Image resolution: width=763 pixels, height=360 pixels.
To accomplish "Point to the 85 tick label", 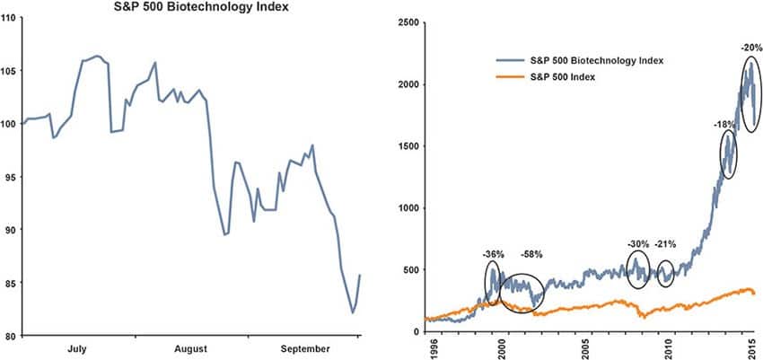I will [11, 283].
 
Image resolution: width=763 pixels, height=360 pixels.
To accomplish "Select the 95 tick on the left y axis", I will [11, 177].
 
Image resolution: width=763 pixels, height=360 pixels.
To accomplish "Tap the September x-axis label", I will [303, 347].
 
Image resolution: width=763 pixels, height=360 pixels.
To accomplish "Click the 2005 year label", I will [585, 347].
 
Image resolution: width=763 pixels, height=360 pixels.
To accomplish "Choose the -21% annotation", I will [668, 243].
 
